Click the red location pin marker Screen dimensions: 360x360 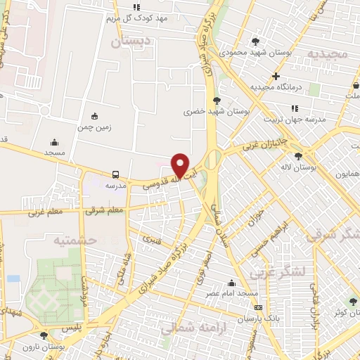pyautogui.click(x=181, y=165)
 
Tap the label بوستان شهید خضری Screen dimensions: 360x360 pyautogui.click(x=209, y=111)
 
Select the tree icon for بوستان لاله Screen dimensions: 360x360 pyautogui.click(x=300, y=156)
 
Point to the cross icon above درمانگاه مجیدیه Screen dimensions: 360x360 pyautogui.click(x=276, y=76)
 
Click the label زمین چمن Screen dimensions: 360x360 pyautogui.click(x=95, y=127)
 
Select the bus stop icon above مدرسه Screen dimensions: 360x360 pyautogui.click(x=115, y=174)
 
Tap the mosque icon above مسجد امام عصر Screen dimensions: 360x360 pyautogui.click(x=232, y=283)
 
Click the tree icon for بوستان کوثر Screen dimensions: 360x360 pyautogui.click(x=353, y=302)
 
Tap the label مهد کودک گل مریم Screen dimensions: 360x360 pyautogui.click(x=136, y=18)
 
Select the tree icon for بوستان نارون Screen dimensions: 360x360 pyautogui.click(x=45, y=336)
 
